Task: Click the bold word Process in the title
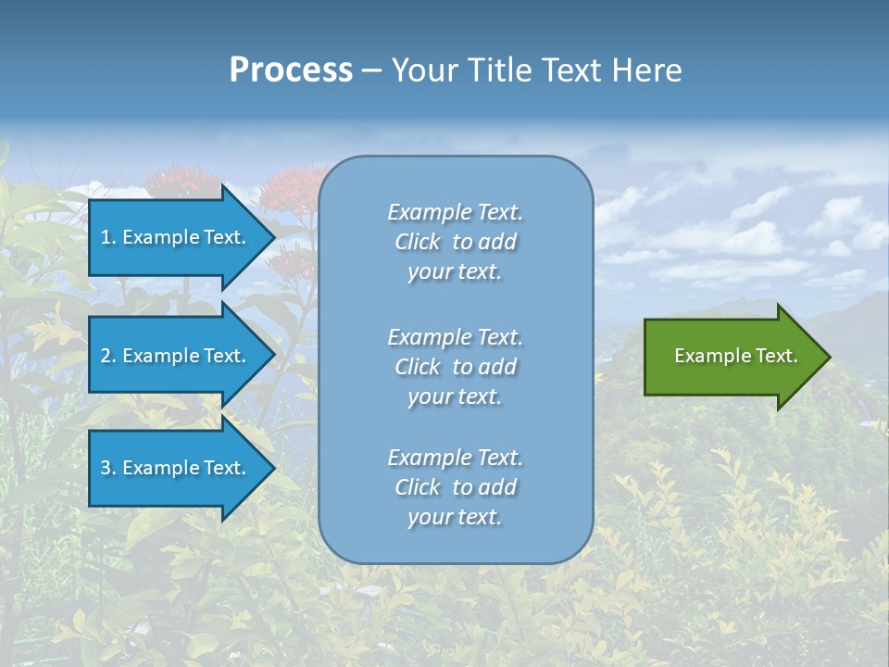[x=291, y=70]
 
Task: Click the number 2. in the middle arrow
[x=108, y=356]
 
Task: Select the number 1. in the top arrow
[x=108, y=237]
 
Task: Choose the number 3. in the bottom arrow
[x=108, y=468]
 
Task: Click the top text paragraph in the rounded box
[x=455, y=242]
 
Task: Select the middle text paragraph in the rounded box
[x=455, y=367]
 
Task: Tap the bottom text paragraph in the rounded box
[x=455, y=487]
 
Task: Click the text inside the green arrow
[x=735, y=356]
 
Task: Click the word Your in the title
[x=424, y=70]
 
